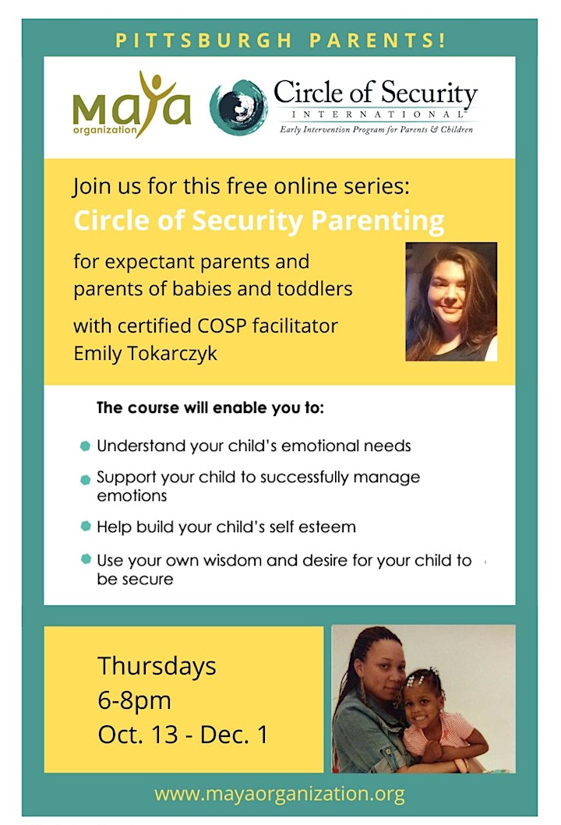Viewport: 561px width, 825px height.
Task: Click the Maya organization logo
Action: [132, 105]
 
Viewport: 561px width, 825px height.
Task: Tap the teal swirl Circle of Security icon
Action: [238, 108]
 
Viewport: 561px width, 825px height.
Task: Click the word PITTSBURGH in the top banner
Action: [203, 41]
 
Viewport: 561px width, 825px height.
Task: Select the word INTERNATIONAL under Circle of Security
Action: [378, 115]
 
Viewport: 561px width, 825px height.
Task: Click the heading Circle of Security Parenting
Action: [259, 220]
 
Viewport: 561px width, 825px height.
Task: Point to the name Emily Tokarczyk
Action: [145, 353]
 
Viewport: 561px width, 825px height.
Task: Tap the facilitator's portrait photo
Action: [451, 301]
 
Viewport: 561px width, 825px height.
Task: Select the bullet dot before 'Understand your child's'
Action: [85, 446]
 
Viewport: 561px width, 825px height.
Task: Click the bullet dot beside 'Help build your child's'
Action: [86, 526]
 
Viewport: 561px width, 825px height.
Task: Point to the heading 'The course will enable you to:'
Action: [210, 407]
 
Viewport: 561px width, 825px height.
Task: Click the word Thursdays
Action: [157, 667]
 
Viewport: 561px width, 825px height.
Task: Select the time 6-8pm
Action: [134, 701]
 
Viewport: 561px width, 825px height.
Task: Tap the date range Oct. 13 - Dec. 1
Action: [182, 735]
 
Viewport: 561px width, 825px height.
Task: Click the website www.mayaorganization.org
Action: [280, 793]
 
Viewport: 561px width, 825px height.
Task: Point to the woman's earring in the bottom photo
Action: [362, 693]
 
